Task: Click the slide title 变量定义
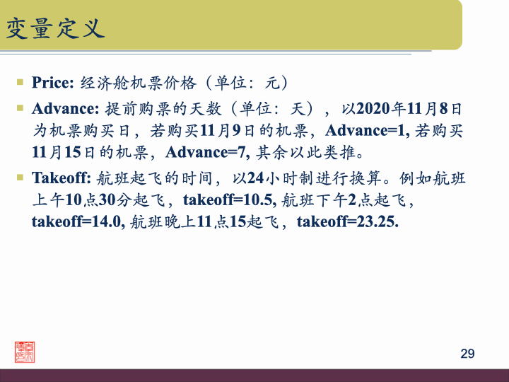coord(55,28)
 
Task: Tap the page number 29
coord(467,354)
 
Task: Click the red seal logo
coord(25,352)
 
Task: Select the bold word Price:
coord(53,82)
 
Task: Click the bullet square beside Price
coord(21,81)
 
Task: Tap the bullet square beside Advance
coord(21,108)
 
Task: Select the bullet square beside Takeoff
coord(21,176)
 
